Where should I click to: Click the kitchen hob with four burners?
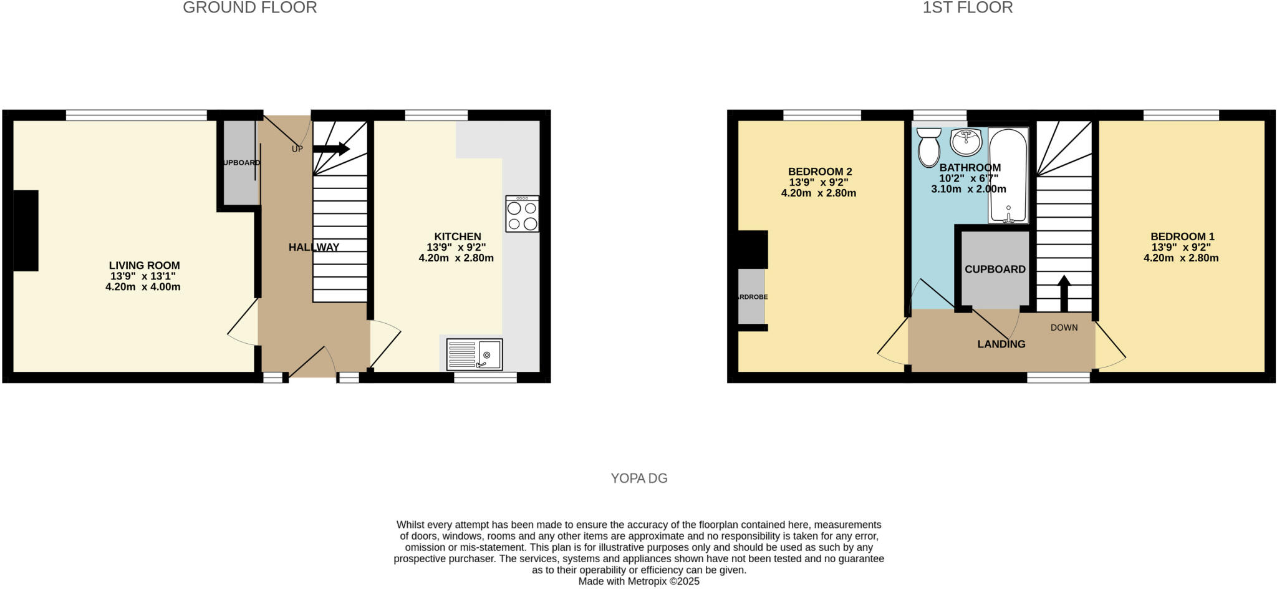[x=522, y=214]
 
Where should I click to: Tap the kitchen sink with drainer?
[x=474, y=354]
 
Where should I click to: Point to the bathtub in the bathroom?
[x=1008, y=175]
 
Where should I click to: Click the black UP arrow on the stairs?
[x=331, y=148]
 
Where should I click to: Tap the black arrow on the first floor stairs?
[x=1064, y=293]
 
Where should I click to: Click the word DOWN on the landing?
[x=1064, y=328]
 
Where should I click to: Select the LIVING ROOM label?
[x=144, y=265]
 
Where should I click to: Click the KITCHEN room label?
[x=457, y=236]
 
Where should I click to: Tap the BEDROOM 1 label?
[x=1182, y=236]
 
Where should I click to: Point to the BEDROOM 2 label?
[x=819, y=172]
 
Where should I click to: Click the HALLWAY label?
[x=314, y=247]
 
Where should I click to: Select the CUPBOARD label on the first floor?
[x=995, y=269]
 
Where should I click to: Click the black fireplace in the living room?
[x=26, y=230]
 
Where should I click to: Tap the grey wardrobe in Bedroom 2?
[x=751, y=296]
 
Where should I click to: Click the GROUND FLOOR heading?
[x=249, y=7]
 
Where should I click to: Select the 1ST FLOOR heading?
[x=967, y=7]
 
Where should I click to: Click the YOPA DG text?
[x=638, y=479]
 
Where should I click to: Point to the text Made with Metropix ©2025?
[x=638, y=582]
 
